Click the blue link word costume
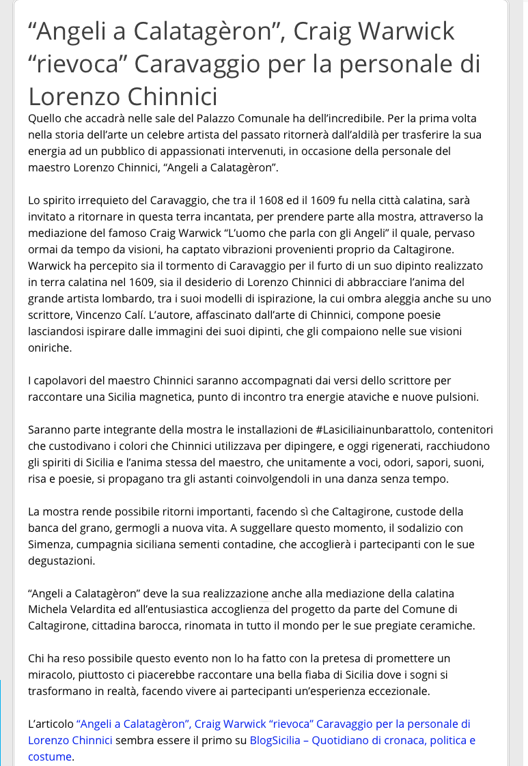point(49,756)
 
